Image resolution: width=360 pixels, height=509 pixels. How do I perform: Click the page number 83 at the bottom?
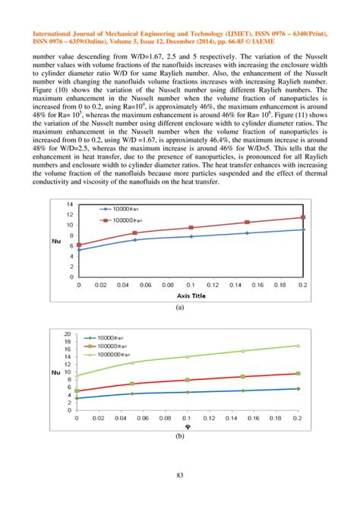180,476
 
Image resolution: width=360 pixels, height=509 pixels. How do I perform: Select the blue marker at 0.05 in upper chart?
135,240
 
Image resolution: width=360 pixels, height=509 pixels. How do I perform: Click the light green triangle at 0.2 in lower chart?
298,346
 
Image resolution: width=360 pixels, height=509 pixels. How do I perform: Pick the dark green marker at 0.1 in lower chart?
187,392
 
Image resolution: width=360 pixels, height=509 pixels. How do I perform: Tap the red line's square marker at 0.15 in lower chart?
242,376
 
